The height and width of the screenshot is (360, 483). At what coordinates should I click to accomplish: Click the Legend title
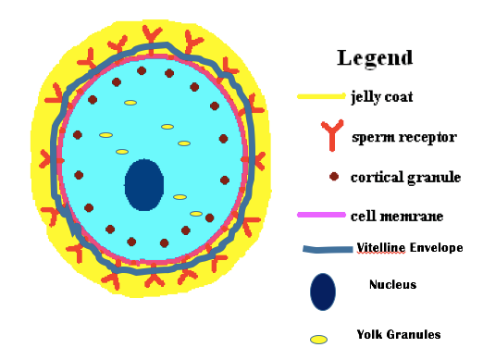point(375,57)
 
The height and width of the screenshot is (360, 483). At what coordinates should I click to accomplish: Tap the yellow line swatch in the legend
point(320,96)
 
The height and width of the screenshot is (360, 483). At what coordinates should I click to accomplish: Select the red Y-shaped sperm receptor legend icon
point(322,137)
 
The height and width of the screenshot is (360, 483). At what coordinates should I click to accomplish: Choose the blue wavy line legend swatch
point(328,249)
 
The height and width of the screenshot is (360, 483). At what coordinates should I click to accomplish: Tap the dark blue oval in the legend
point(323,291)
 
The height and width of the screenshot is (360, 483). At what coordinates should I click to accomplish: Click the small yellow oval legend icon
point(319,339)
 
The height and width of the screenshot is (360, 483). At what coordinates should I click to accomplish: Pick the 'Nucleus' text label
point(392,284)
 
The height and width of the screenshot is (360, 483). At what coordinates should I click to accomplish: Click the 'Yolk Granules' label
point(399,334)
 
